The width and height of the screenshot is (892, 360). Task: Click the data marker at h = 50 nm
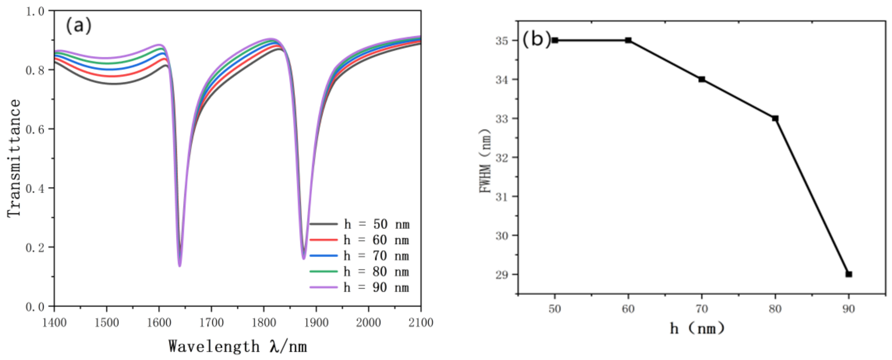[555, 40]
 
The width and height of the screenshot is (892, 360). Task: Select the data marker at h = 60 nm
[628, 40]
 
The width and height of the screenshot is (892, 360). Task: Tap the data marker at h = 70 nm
[702, 79]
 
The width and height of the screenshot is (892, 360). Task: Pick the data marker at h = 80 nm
[775, 118]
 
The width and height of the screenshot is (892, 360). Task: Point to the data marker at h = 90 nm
[849, 274]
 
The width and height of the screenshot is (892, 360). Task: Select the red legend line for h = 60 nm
[323, 239]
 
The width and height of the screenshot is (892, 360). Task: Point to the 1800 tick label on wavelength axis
[264, 323]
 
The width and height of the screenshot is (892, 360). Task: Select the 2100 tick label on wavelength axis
[420, 323]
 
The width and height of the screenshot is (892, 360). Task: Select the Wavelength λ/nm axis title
[238, 347]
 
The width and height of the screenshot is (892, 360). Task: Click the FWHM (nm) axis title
[485, 161]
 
